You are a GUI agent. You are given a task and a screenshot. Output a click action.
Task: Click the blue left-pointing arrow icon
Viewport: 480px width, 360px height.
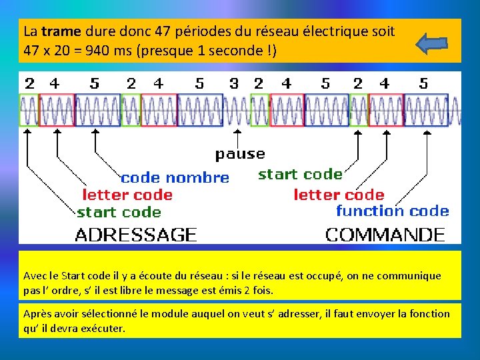click(x=431, y=44)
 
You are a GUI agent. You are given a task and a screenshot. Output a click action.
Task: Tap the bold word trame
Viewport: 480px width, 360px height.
click(x=61, y=31)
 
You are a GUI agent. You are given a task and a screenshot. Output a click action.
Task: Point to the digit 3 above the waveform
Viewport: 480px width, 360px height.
click(x=233, y=84)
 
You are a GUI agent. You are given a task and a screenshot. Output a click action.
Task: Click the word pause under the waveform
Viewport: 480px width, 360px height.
click(x=240, y=154)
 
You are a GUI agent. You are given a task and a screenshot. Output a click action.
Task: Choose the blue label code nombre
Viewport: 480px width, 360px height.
click(x=175, y=178)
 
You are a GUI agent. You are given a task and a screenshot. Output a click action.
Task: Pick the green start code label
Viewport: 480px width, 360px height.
click(x=119, y=213)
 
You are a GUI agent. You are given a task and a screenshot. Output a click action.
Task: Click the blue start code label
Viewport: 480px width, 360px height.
click(x=300, y=175)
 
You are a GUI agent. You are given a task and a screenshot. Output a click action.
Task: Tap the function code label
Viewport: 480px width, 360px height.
click(x=392, y=211)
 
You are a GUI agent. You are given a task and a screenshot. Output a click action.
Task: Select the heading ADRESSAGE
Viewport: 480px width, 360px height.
click(x=136, y=235)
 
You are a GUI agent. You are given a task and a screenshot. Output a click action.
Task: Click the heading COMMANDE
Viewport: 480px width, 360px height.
click(x=385, y=235)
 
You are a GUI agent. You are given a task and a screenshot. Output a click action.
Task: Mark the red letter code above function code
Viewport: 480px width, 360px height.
click(x=339, y=195)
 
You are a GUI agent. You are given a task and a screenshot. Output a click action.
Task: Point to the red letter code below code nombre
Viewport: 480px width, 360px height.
click(x=127, y=195)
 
